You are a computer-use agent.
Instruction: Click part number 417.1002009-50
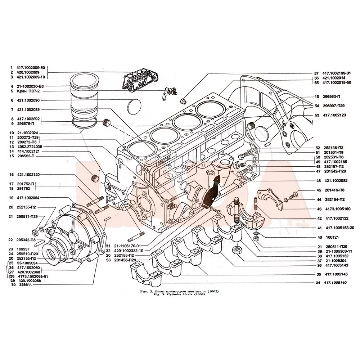click(x=31, y=67)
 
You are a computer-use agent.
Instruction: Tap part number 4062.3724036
click(x=30, y=147)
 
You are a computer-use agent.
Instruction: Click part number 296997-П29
click(x=334, y=106)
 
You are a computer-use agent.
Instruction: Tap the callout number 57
click(x=316, y=73)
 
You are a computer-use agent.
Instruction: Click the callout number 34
click(x=318, y=283)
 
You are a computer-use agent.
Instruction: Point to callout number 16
click(x=12, y=175)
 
